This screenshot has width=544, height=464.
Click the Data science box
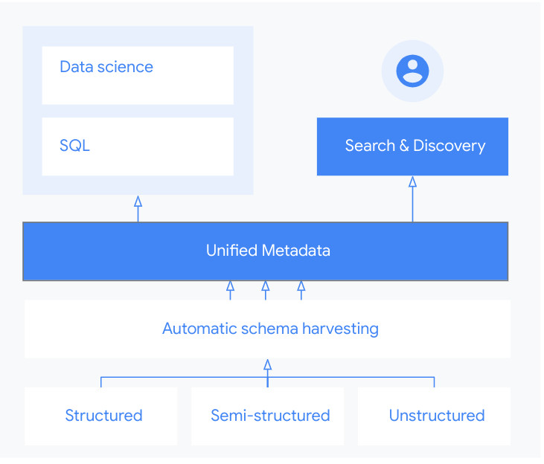(x=138, y=75)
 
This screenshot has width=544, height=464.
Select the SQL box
(x=138, y=146)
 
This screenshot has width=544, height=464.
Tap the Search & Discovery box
(x=412, y=146)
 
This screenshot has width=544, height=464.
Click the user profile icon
(x=412, y=71)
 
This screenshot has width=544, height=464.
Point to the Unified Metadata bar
(x=265, y=251)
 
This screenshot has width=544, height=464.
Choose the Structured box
(x=101, y=416)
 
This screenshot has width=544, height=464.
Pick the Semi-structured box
(x=269, y=416)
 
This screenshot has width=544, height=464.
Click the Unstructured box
(x=435, y=416)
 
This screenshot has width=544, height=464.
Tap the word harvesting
(x=338, y=328)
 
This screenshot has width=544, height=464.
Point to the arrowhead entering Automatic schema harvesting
(x=267, y=364)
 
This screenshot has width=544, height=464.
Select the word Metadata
(x=296, y=251)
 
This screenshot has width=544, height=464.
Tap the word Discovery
(x=449, y=146)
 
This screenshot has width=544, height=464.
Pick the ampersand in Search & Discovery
(x=404, y=146)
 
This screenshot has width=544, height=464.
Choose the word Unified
(x=231, y=251)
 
